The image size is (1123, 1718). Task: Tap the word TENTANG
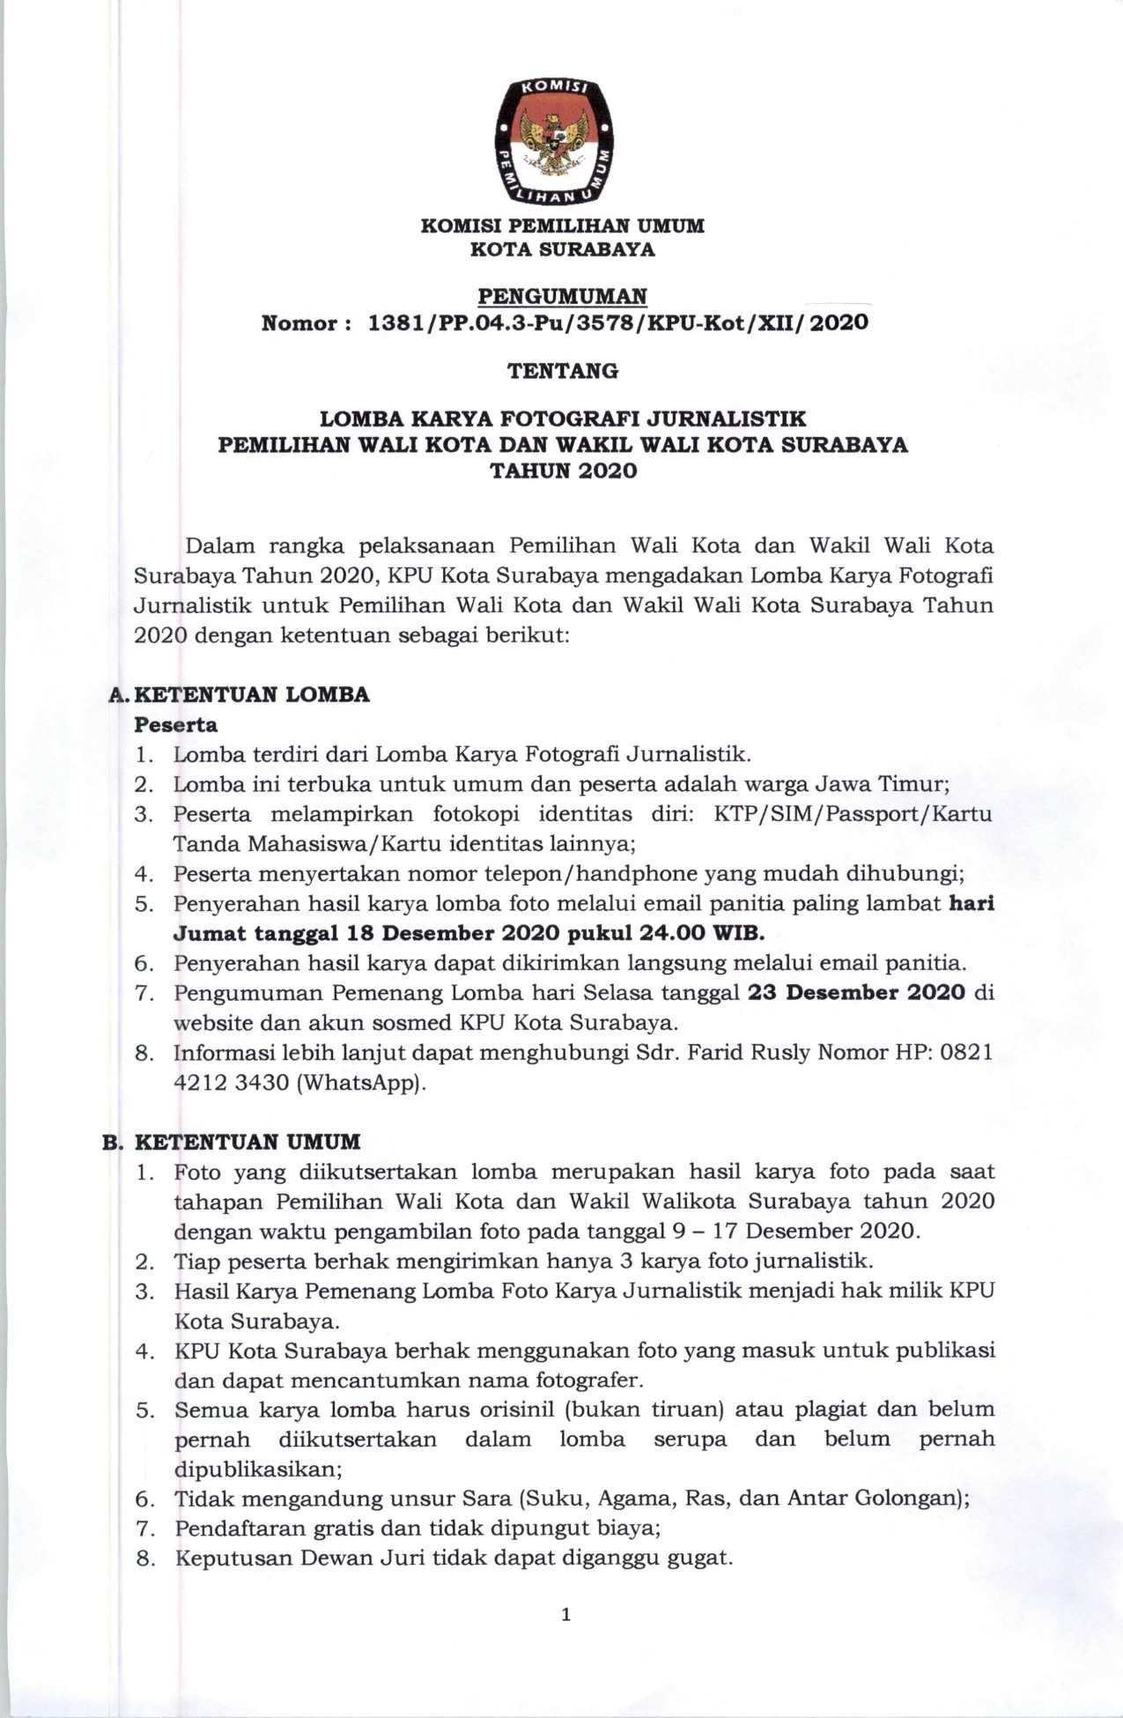coord(562,371)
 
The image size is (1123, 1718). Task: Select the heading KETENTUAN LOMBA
coord(252,694)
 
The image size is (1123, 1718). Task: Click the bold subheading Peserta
coord(175,725)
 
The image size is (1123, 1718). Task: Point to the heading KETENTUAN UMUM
coord(248,1142)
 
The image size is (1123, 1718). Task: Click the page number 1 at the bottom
coord(565,1614)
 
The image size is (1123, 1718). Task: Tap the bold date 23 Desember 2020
coord(856,993)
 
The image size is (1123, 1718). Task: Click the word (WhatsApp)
coord(362,1083)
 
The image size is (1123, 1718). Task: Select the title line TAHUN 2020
coord(562,471)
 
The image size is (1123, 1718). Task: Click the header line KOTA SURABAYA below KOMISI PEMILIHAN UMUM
coord(562,249)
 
